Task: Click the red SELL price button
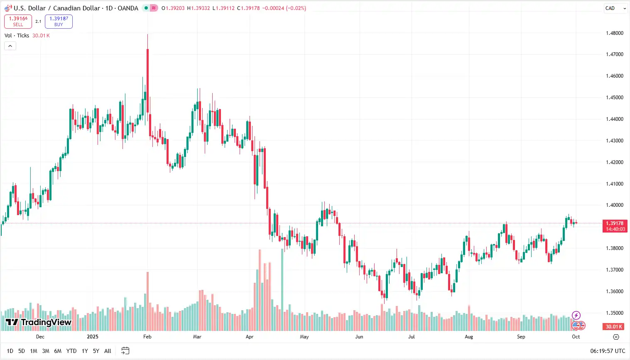point(18,22)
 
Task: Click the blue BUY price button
point(59,22)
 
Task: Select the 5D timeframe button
point(22,351)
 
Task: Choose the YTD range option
point(71,351)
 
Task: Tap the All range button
point(108,351)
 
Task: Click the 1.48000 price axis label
point(614,33)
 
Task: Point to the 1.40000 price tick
point(614,205)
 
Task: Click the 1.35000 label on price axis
point(614,313)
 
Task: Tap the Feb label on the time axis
point(147,337)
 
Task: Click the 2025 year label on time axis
point(93,337)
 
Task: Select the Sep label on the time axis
point(521,337)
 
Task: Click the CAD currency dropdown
point(615,8)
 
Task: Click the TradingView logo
point(39,322)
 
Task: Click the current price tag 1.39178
point(615,223)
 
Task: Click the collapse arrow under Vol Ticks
point(10,46)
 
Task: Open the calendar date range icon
point(125,351)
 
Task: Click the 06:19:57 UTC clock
point(608,351)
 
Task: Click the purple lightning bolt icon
point(576,315)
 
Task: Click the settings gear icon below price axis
point(616,337)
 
